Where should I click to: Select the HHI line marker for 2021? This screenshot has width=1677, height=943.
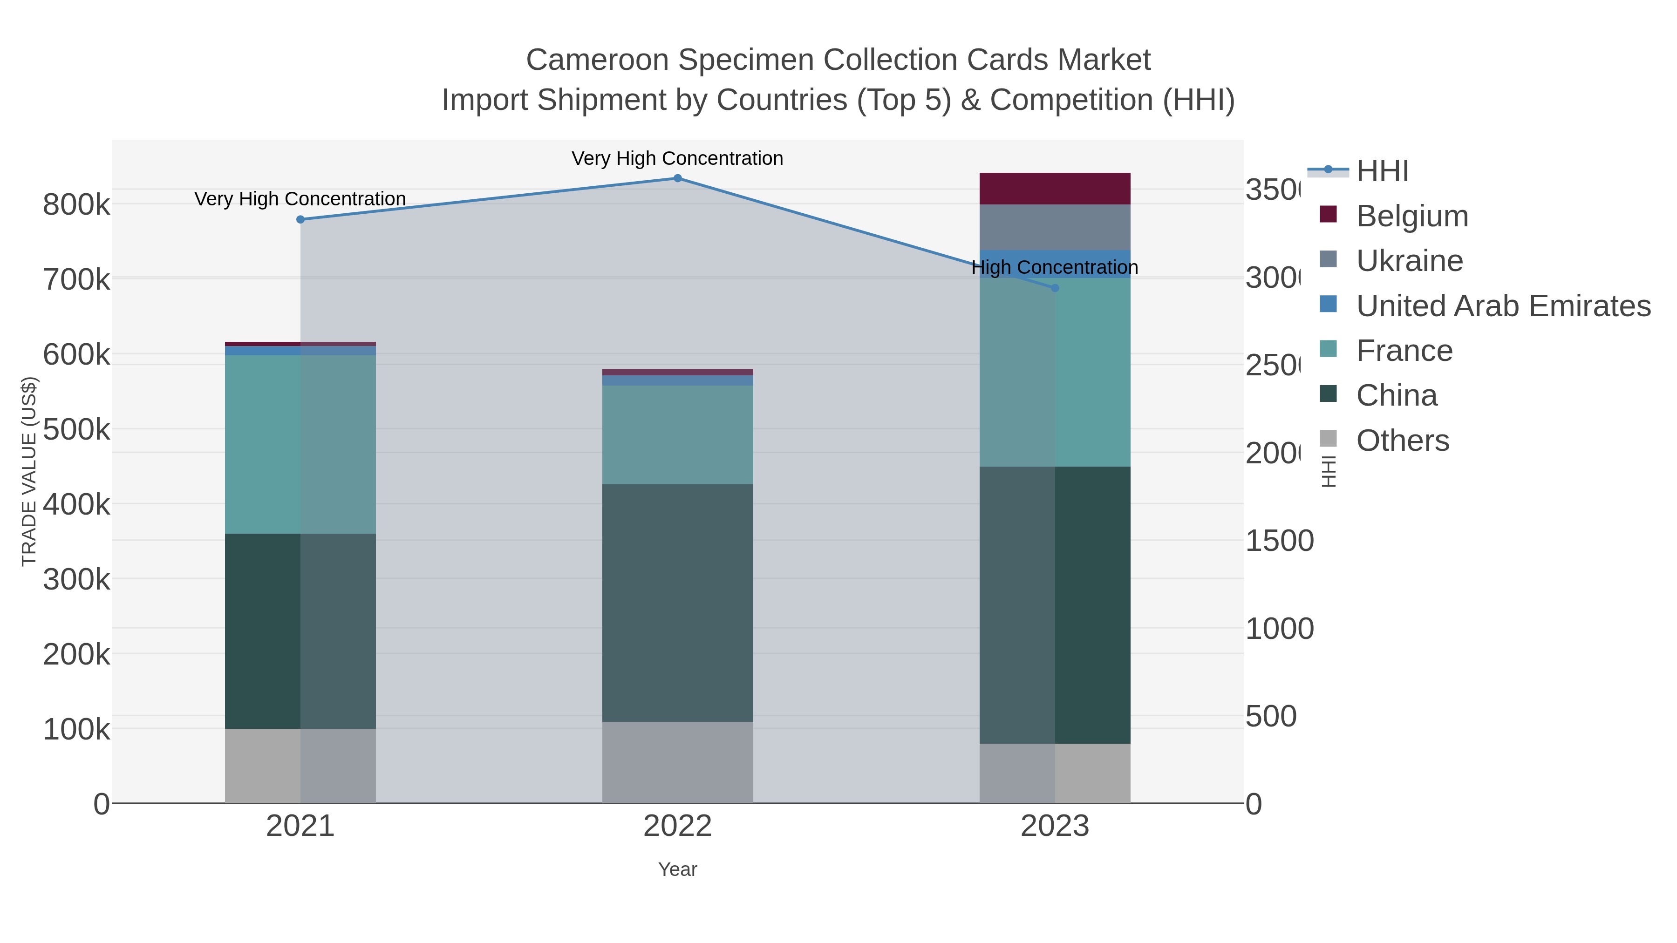coord(300,219)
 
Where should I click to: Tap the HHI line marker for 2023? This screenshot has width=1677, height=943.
coord(1055,288)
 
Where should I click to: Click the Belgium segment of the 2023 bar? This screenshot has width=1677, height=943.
coord(1055,189)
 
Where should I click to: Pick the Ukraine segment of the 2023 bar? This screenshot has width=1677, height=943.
coord(1055,227)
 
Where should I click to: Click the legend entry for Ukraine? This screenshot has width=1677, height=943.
coord(1410,260)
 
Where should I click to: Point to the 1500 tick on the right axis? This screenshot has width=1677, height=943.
coord(1279,541)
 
